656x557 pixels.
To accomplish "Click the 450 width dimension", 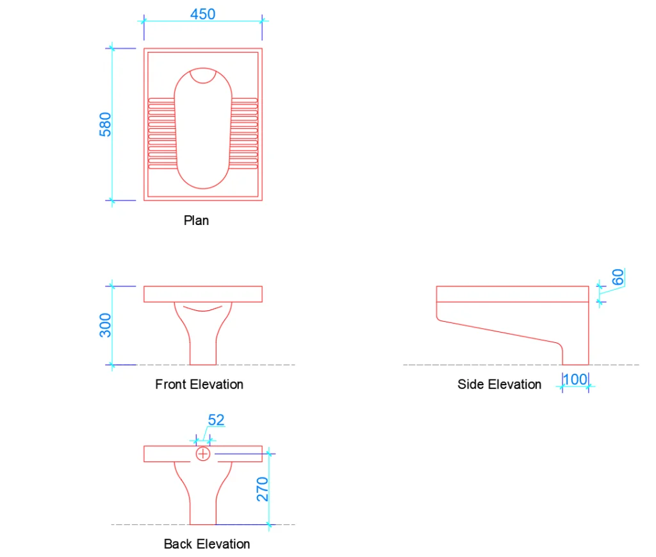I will [202, 14].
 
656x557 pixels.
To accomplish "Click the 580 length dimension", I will [105, 124].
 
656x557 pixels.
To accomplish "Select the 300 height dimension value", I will [106, 325].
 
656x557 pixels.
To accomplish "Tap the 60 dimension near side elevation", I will [618, 278].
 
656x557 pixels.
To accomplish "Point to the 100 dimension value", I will [575, 379].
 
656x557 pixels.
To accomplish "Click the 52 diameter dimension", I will [217, 420].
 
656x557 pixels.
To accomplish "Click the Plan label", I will [196, 220].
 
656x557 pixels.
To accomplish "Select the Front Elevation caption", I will [199, 385].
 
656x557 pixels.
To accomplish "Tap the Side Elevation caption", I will [499, 385].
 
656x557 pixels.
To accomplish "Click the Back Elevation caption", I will [206, 544].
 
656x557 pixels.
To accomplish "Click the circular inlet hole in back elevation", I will [203, 454].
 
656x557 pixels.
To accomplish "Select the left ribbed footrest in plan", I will [161, 133].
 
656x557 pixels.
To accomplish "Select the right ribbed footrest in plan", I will [244, 133].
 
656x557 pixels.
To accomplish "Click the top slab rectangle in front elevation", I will [202, 294].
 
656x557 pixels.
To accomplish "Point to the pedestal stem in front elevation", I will [202, 349].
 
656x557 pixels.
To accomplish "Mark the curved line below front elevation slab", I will [202, 310].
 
